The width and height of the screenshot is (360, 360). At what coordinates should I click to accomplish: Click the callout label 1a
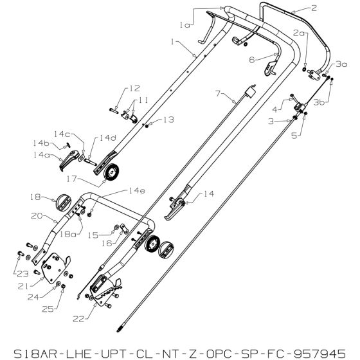coord(184,25)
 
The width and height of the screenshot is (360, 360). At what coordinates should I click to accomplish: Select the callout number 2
coord(314,8)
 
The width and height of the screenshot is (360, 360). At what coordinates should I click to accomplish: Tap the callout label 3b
coord(319,102)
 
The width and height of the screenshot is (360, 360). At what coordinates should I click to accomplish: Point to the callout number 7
coord(218,93)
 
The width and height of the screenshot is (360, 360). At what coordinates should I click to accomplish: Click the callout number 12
coord(135,89)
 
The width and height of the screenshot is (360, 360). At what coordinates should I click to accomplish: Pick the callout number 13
coord(168,120)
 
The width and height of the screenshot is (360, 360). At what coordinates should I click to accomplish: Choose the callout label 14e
coord(137,191)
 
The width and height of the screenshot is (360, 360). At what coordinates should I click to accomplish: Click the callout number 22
coord(78,319)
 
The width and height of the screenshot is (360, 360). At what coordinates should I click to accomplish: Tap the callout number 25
coord(48,309)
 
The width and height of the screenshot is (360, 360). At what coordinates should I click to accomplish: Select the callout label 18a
coord(67,234)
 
